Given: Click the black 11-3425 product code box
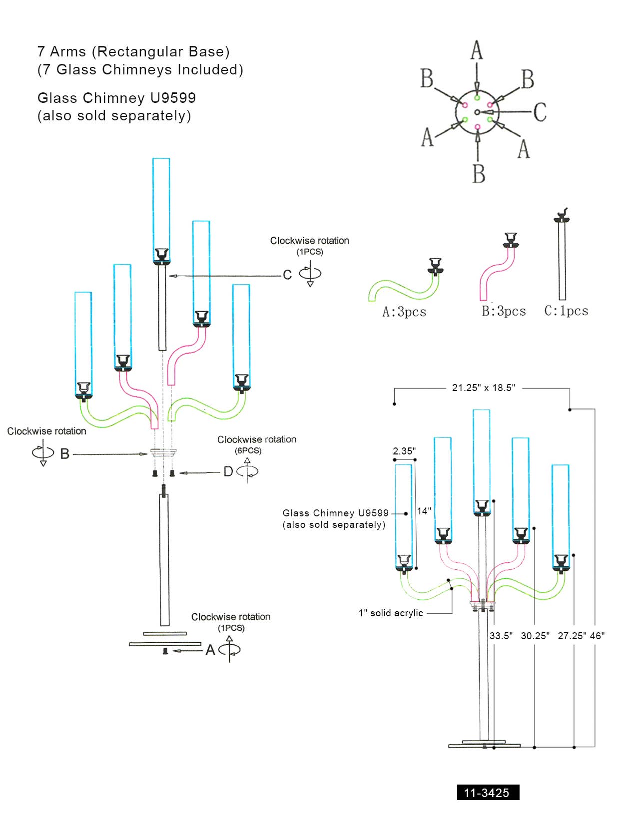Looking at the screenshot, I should (488, 793).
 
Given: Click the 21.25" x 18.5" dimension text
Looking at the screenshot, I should (483, 388).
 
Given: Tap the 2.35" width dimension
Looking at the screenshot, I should (404, 451).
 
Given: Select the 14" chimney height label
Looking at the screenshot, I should (424, 511).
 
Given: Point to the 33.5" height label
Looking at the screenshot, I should (501, 636).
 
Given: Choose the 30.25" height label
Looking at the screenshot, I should (535, 636).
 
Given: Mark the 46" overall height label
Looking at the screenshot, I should (597, 636).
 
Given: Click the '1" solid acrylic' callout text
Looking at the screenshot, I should (391, 613).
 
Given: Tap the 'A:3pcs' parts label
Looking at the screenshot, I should (404, 312).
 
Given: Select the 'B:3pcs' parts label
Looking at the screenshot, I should (504, 312).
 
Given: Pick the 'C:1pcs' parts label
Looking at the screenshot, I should (566, 311).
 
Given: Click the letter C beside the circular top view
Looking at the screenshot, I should (540, 112).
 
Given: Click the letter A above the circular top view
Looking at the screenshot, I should (477, 50).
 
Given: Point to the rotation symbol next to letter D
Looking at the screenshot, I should (247, 471).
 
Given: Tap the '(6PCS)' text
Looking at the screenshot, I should (248, 450).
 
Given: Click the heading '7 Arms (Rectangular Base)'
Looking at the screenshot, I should (133, 51).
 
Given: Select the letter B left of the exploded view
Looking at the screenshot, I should (64, 454).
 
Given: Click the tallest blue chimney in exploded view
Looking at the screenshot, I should (161, 210).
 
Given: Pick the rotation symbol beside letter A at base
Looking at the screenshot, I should (229, 649).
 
